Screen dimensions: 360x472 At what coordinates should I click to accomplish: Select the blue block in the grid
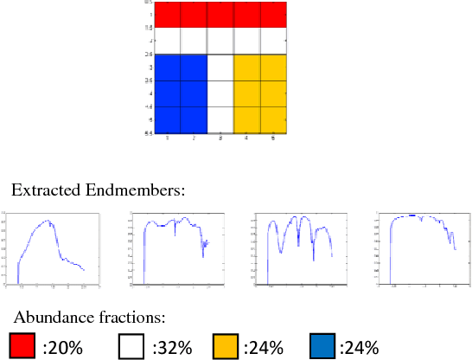pyautogui.click(x=181, y=93)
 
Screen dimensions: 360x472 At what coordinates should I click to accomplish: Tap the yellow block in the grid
pyautogui.click(x=260, y=93)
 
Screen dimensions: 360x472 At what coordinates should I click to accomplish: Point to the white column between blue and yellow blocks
pyautogui.click(x=220, y=93)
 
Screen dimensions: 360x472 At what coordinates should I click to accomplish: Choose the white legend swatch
pyautogui.click(x=131, y=346)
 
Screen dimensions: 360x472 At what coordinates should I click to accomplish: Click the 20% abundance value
pyautogui.click(x=62, y=348)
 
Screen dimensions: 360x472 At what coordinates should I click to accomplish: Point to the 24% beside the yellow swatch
pyautogui.click(x=264, y=348)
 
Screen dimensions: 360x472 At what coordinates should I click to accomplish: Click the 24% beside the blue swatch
pyautogui.click(x=359, y=348)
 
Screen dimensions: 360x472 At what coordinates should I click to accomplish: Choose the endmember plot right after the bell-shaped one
pyautogui.click(x=173, y=248)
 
